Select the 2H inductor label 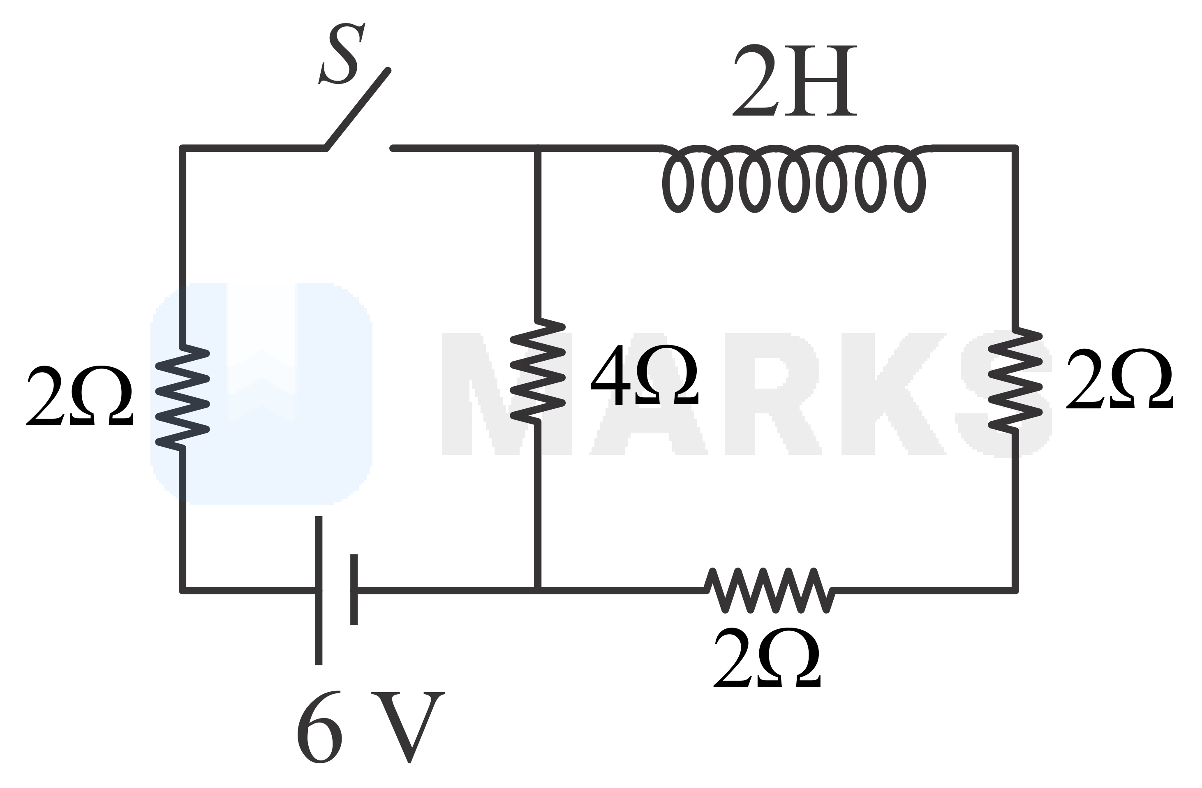coord(795,81)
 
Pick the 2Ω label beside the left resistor coord(80,396)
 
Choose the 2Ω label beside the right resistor coord(1120,379)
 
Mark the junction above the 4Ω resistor coord(538,148)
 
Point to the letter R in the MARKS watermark coord(770,394)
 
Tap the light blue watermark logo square coord(261,394)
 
